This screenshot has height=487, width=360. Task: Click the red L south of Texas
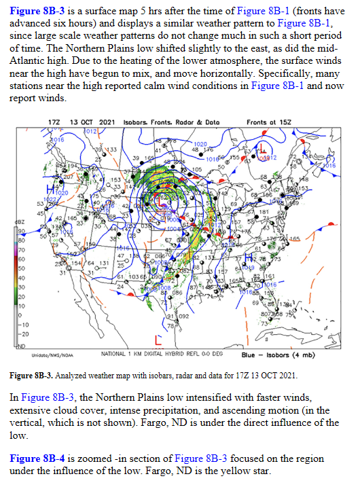point(158,338)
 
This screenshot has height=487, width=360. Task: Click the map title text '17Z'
point(56,121)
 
